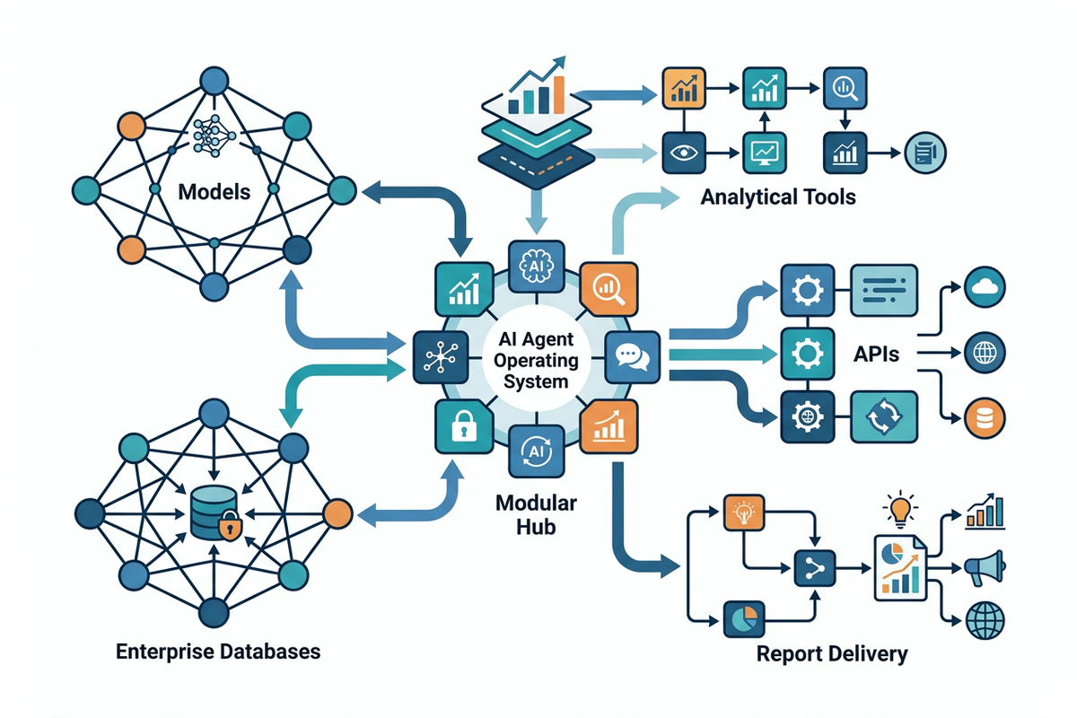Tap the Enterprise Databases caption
[218, 651]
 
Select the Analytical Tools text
[777, 196]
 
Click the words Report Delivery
[831, 652]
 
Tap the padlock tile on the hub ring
[462, 425]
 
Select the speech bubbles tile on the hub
[632, 356]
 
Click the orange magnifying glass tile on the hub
[609, 289]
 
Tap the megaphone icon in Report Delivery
[984, 567]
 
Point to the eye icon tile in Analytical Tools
[685, 152]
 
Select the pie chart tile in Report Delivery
[745, 619]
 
